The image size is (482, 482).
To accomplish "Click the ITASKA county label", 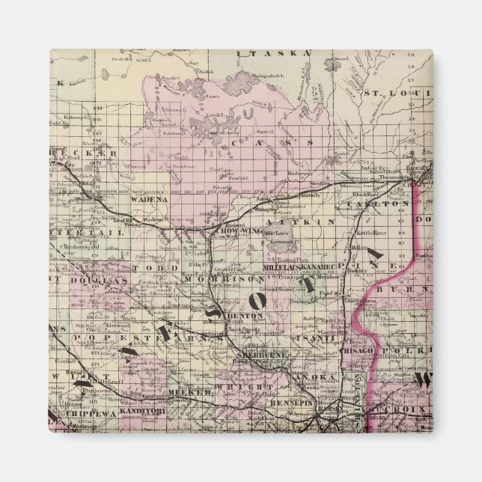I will [x=263, y=53].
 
